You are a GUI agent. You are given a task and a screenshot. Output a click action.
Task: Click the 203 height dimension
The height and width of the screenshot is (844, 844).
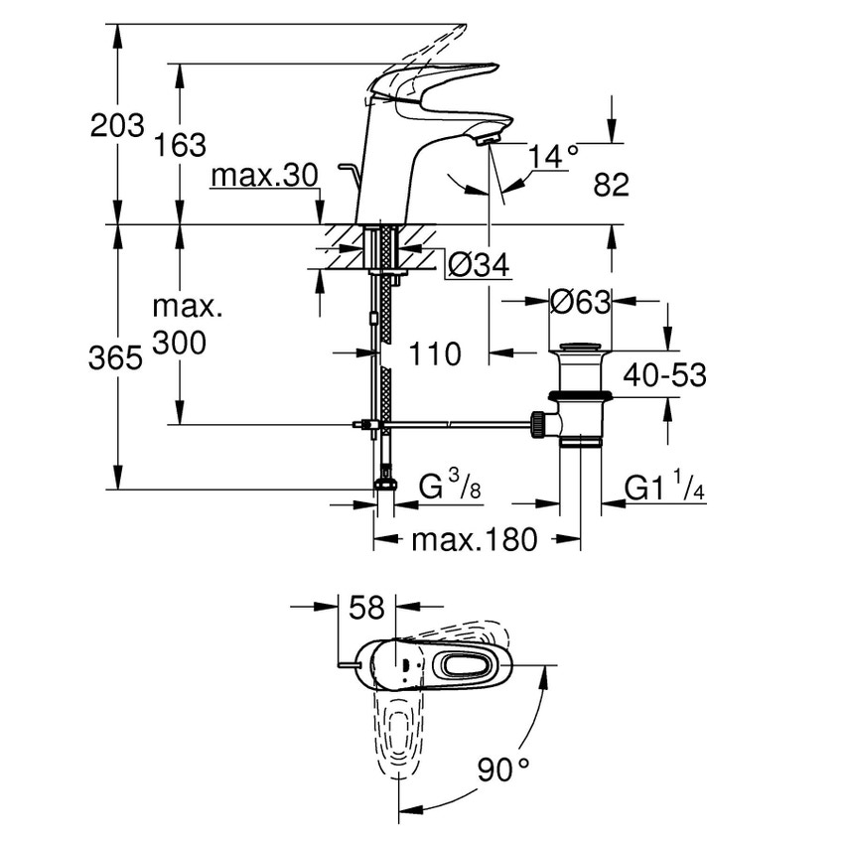point(117,126)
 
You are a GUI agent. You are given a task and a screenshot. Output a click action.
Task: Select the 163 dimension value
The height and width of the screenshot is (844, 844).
point(180,145)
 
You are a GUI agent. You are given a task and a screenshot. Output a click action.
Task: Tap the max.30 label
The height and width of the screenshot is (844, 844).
point(263,177)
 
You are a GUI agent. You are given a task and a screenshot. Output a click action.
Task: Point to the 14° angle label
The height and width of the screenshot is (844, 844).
point(553,155)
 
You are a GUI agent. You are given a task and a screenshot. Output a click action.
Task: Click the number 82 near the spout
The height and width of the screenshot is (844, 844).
point(611,184)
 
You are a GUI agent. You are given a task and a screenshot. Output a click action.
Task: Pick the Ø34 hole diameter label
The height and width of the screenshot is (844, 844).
point(478,265)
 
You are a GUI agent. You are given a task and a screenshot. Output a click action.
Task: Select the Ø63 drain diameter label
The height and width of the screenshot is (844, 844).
point(580,302)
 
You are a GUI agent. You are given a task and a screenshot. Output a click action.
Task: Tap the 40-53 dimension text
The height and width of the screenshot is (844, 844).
point(665,374)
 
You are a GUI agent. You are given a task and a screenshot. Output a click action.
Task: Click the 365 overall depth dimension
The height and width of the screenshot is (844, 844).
point(117,358)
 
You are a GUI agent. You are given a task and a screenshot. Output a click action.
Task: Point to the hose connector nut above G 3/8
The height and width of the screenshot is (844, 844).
point(385,485)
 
